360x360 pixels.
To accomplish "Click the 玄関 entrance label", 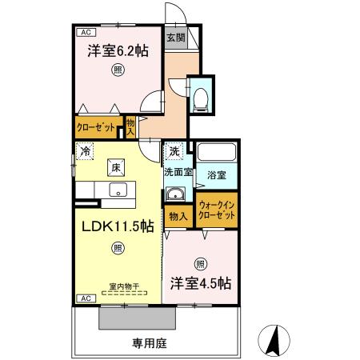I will pyautogui.click(x=175, y=37).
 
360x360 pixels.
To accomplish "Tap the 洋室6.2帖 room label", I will pyautogui.click(x=118, y=50).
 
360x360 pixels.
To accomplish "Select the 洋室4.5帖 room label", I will pyautogui.click(x=200, y=283).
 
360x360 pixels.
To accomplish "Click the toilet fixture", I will pyautogui.click(x=202, y=98).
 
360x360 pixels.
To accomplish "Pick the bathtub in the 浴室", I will pyautogui.click(x=218, y=152).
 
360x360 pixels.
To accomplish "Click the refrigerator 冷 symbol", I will pyautogui.click(x=85, y=150).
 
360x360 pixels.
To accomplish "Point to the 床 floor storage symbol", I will pyautogui.click(x=116, y=167).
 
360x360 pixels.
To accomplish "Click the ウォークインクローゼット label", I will pyautogui.click(x=217, y=210).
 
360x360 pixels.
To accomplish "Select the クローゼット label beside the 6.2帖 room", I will pyautogui.click(x=96, y=127).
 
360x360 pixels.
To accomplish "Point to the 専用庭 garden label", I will pyautogui.click(x=149, y=342).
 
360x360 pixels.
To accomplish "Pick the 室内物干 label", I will pyautogui.click(x=124, y=286).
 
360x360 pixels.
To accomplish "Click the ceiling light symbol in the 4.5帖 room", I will pyautogui.click(x=200, y=263).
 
